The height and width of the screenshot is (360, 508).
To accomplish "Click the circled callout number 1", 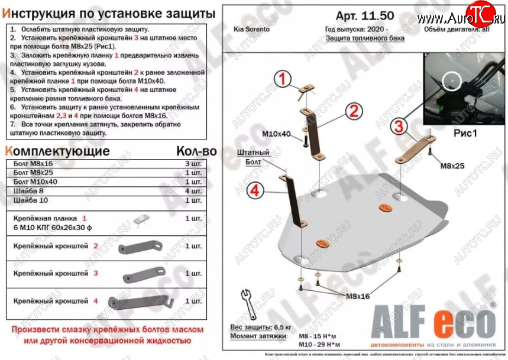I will (x=283, y=78).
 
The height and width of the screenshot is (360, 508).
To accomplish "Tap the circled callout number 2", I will (x=353, y=111).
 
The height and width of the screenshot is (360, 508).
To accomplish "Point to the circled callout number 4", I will (x=254, y=190).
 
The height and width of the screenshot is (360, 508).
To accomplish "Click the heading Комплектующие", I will (x=57, y=151).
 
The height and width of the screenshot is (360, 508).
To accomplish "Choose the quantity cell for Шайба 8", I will (x=193, y=192).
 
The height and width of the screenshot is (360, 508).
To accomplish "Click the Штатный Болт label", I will (x=253, y=157).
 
